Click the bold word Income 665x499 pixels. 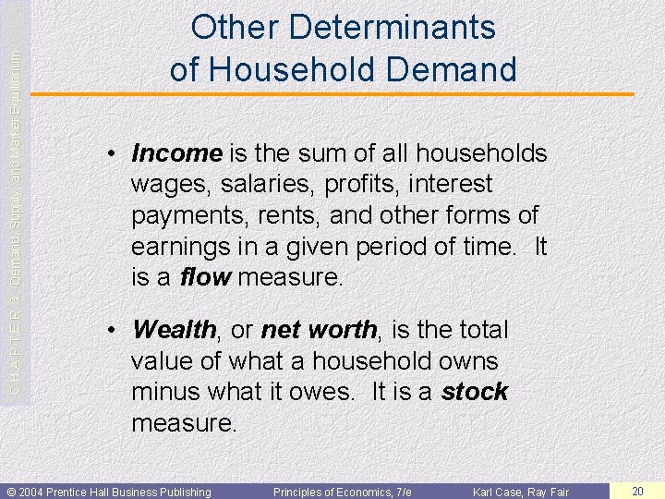(x=177, y=152)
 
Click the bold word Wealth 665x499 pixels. (x=174, y=330)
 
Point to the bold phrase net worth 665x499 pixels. (x=319, y=330)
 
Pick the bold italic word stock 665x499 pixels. (x=475, y=392)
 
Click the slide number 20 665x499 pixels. (x=636, y=491)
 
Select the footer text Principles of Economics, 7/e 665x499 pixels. (x=342, y=492)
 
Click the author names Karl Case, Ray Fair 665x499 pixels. (x=521, y=492)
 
